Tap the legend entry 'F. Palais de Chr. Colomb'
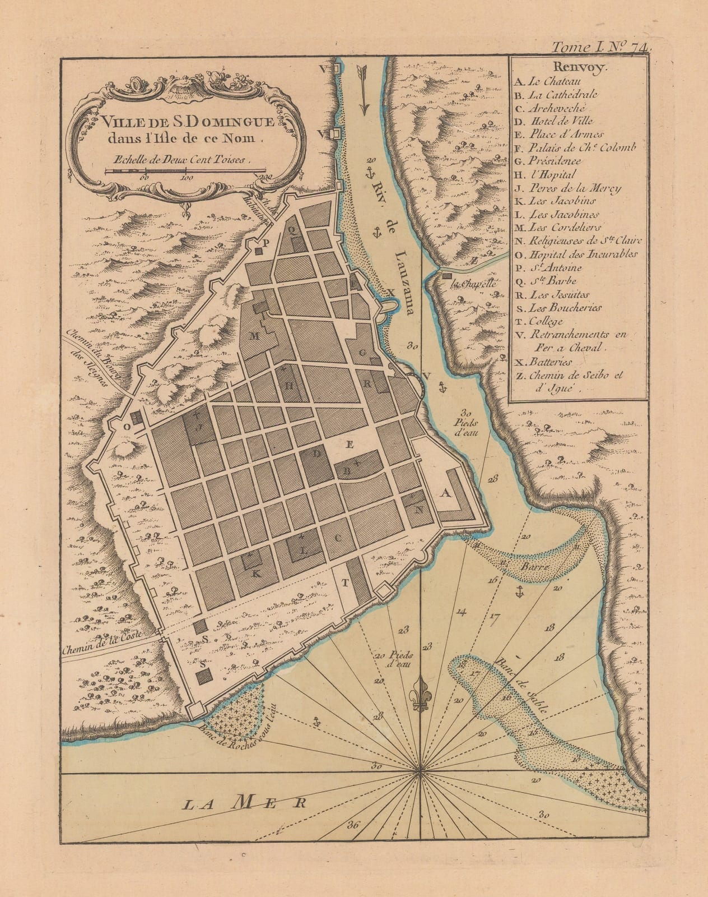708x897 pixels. coord(574,148)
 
